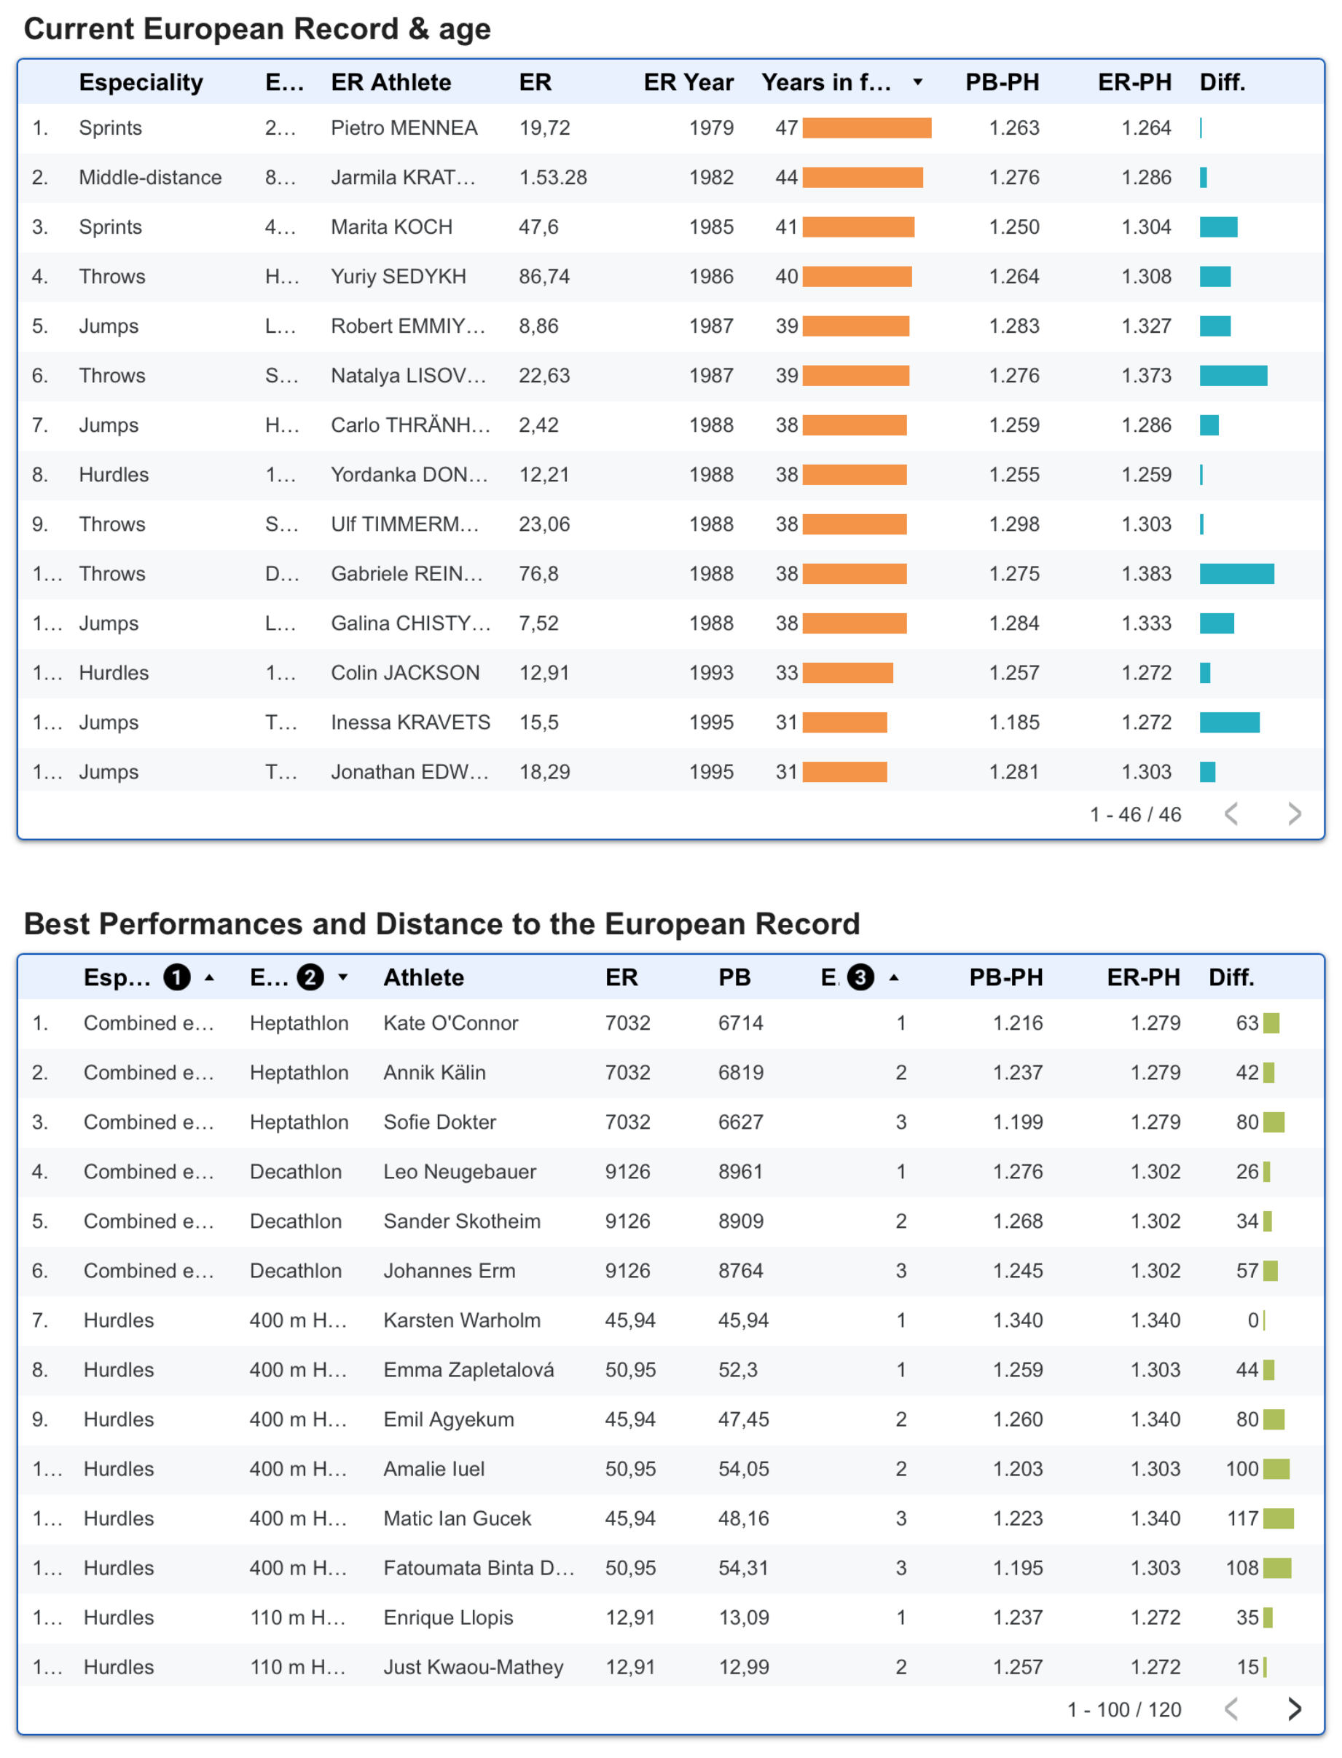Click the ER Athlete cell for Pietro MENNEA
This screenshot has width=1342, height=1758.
click(x=404, y=127)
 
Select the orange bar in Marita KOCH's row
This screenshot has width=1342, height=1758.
click(x=858, y=226)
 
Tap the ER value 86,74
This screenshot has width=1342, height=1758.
click(x=544, y=276)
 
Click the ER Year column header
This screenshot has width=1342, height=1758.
click(x=688, y=82)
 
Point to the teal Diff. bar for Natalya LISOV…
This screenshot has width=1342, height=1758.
click(x=1233, y=375)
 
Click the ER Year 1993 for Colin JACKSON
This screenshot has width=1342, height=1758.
click(x=711, y=672)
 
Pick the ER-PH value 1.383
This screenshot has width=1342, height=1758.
click(x=1146, y=573)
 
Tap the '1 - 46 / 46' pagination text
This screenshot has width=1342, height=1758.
click(x=1135, y=814)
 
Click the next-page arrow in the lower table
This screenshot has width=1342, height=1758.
click(x=1294, y=1708)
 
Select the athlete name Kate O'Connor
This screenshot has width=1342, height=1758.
click(x=450, y=1022)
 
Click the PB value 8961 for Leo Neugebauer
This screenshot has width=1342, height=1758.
click(x=740, y=1171)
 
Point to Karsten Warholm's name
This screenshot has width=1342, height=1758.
click(x=462, y=1320)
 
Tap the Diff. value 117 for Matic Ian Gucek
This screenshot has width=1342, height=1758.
click(x=1242, y=1518)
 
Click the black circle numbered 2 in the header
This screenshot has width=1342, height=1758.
click(x=310, y=977)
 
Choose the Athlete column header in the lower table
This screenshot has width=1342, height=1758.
click(x=423, y=977)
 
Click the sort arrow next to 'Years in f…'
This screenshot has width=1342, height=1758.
click(x=918, y=82)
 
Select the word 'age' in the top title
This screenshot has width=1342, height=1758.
click(x=464, y=31)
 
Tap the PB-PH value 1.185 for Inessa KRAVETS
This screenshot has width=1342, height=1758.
click(x=1014, y=722)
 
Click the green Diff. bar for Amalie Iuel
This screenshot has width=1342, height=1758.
click(x=1276, y=1468)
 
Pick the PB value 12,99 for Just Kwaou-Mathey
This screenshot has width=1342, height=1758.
click(x=743, y=1666)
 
